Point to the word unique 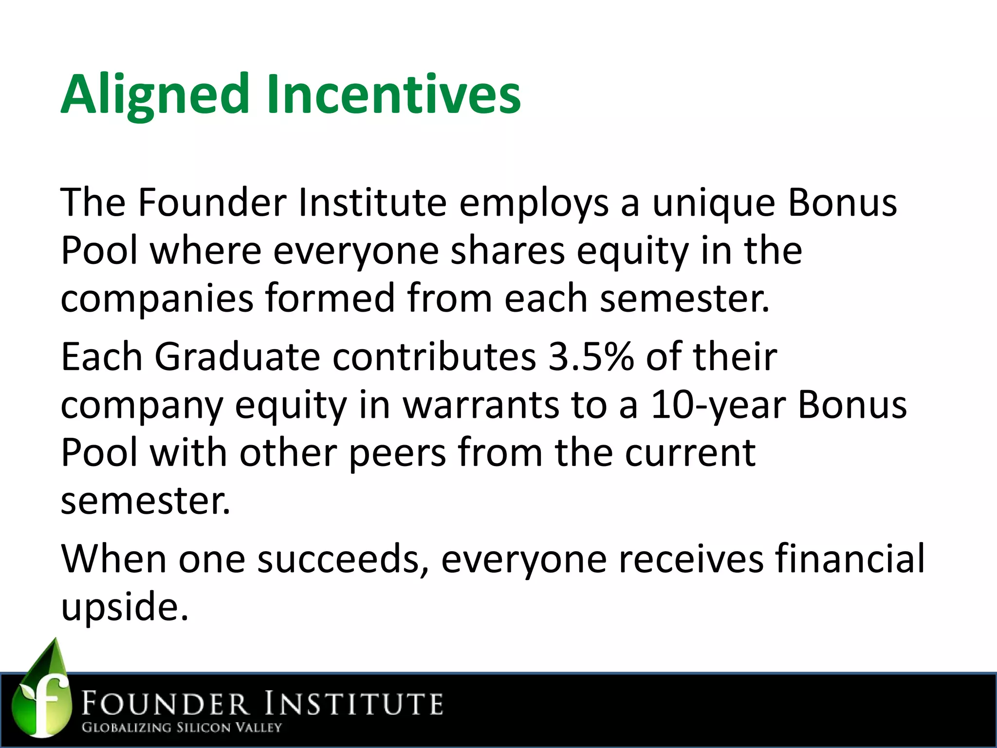coord(713,203)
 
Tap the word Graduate coord(238,357)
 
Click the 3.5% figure coord(591,357)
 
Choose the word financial coord(849,559)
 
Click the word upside coord(124,606)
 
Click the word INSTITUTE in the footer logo coord(354,704)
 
